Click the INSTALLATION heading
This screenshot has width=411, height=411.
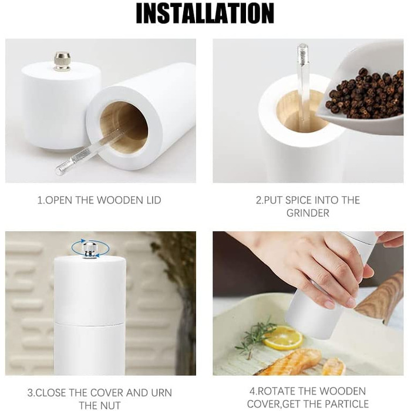click(x=206, y=14)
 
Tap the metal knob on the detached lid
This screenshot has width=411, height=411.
click(x=62, y=62)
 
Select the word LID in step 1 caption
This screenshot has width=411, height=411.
click(x=152, y=200)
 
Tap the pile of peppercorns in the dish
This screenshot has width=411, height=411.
click(x=365, y=93)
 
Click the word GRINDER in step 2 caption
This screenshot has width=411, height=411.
click(x=308, y=213)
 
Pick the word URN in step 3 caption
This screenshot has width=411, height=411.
click(x=161, y=393)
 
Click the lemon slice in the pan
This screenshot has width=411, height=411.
click(x=283, y=337)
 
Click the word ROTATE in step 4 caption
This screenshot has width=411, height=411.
click(x=277, y=392)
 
